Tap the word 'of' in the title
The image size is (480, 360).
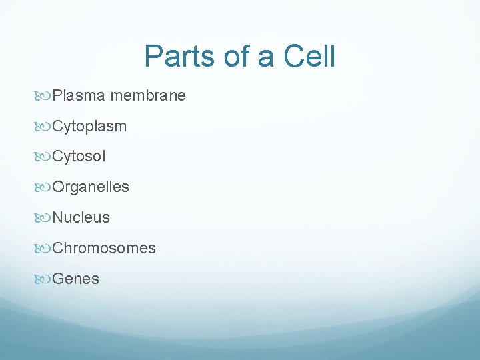click(238, 57)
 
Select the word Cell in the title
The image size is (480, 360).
click(309, 57)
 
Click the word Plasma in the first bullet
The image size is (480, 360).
click(79, 95)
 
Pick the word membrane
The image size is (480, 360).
click(148, 95)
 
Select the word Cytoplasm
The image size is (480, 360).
click(89, 126)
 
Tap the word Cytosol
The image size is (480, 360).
click(79, 157)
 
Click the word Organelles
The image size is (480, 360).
click(91, 187)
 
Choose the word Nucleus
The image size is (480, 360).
click(81, 217)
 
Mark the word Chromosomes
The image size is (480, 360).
click(104, 248)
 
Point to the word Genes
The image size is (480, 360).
click(75, 279)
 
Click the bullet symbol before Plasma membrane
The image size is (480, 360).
click(45, 96)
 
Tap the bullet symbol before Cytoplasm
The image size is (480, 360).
click(45, 127)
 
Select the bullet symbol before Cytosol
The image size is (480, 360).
click(45, 157)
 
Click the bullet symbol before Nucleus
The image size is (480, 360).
click(45, 218)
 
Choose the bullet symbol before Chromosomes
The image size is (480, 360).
click(45, 249)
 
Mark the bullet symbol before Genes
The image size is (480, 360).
click(45, 279)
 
